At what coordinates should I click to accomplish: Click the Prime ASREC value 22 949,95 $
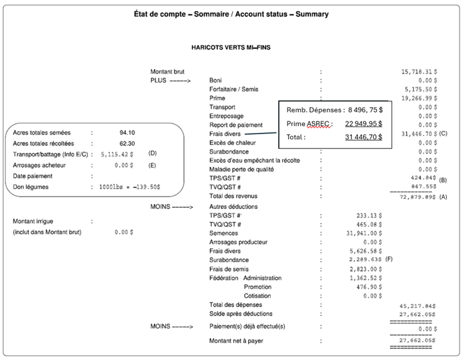[364, 123]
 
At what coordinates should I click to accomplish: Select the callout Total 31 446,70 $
[364, 137]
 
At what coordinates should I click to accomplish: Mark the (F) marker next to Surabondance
[389, 259]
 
